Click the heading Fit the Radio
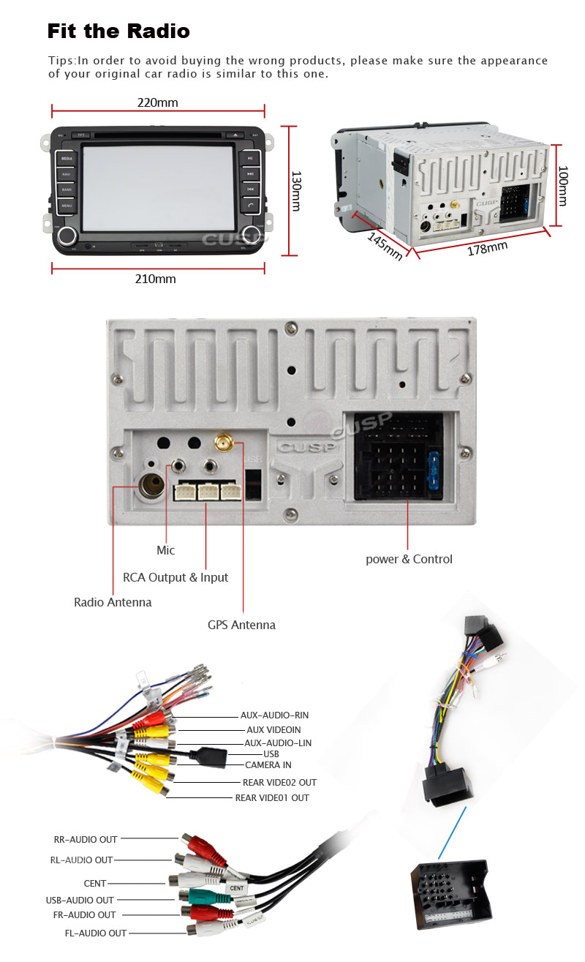pos(118,31)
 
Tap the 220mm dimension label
pos(157,102)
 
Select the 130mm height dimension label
pos(295,191)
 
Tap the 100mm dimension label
pos(562,186)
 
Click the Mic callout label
pos(166,550)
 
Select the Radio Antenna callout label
pos(113,602)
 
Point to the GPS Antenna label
pos(241,625)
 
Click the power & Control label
pos(409,559)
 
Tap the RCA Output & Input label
pos(175,577)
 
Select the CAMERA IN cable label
pos(268,765)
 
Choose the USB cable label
pos(271,754)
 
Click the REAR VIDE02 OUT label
pos(279,782)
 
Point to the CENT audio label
pos(95,884)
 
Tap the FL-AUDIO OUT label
pos(95,933)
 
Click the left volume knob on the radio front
pos(69,235)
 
